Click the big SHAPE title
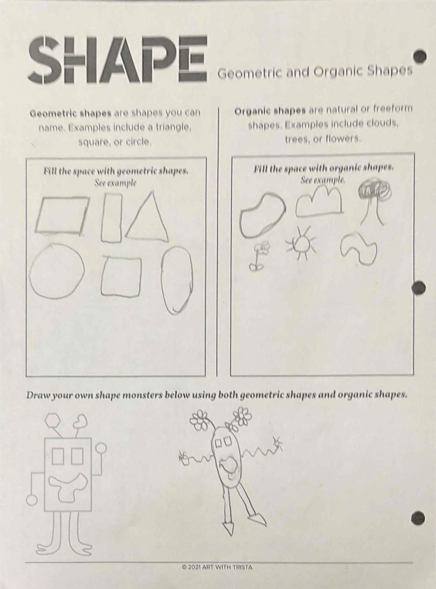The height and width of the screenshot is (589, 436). point(117,59)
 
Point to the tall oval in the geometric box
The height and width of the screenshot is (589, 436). point(162,280)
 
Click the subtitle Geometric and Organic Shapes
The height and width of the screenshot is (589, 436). point(315,72)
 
